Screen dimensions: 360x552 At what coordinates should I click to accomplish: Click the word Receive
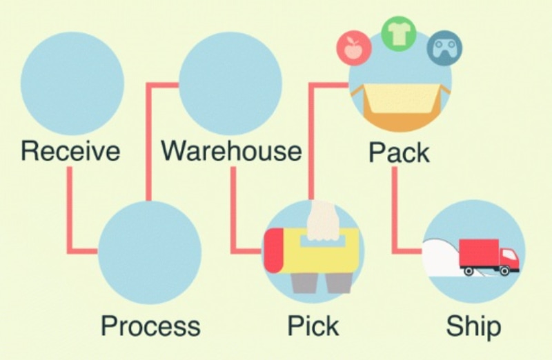[70, 150]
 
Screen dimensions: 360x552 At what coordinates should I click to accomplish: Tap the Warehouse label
[231, 150]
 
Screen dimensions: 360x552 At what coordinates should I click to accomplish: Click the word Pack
[399, 152]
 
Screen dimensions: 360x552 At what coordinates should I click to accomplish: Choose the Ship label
[473, 326]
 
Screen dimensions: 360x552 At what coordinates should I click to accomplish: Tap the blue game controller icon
[445, 50]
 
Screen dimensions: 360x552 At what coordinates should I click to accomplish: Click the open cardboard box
[400, 103]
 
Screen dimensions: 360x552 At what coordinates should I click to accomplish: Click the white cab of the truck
[509, 259]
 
